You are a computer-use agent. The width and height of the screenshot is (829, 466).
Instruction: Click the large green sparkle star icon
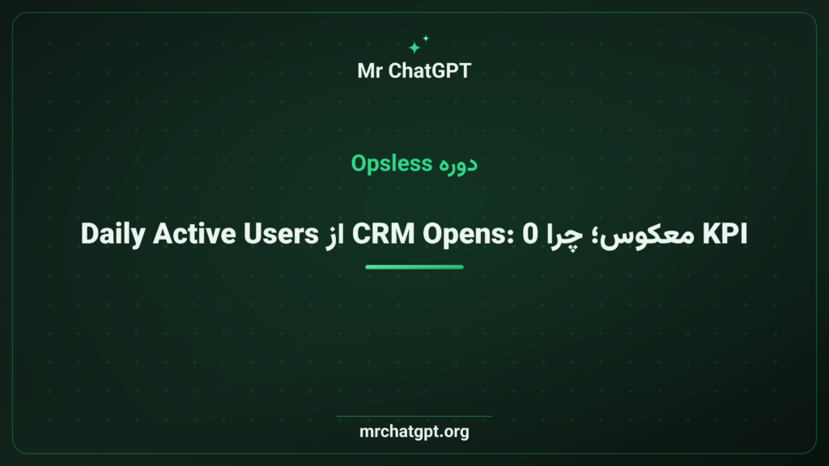pos(414,48)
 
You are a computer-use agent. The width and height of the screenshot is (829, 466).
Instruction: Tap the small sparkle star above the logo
pos(426,39)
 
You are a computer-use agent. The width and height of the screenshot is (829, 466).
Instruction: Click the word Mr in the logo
pos(369,71)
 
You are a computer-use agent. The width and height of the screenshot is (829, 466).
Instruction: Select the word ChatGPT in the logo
pos(429,71)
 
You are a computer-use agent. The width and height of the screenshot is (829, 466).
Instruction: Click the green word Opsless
pos(392,163)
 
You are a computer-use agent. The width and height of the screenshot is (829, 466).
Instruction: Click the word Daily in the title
pos(113,235)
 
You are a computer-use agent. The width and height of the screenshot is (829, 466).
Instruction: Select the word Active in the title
pos(194,234)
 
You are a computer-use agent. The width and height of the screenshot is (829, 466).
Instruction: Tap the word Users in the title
pos(281,234)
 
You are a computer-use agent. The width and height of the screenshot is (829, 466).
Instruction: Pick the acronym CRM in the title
pos(383,234)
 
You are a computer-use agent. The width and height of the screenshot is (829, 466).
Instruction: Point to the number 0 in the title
pos(530,234)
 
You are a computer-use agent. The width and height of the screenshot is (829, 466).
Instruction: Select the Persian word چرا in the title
pos(564,236)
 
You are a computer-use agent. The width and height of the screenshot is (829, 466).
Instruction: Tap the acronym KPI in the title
pos(725,234)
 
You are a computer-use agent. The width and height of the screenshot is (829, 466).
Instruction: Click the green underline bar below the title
pos(414,267)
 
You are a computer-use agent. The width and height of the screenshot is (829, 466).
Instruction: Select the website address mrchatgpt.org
pos(414,432)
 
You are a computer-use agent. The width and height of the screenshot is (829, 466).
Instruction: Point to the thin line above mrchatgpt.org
pos(414,417)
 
